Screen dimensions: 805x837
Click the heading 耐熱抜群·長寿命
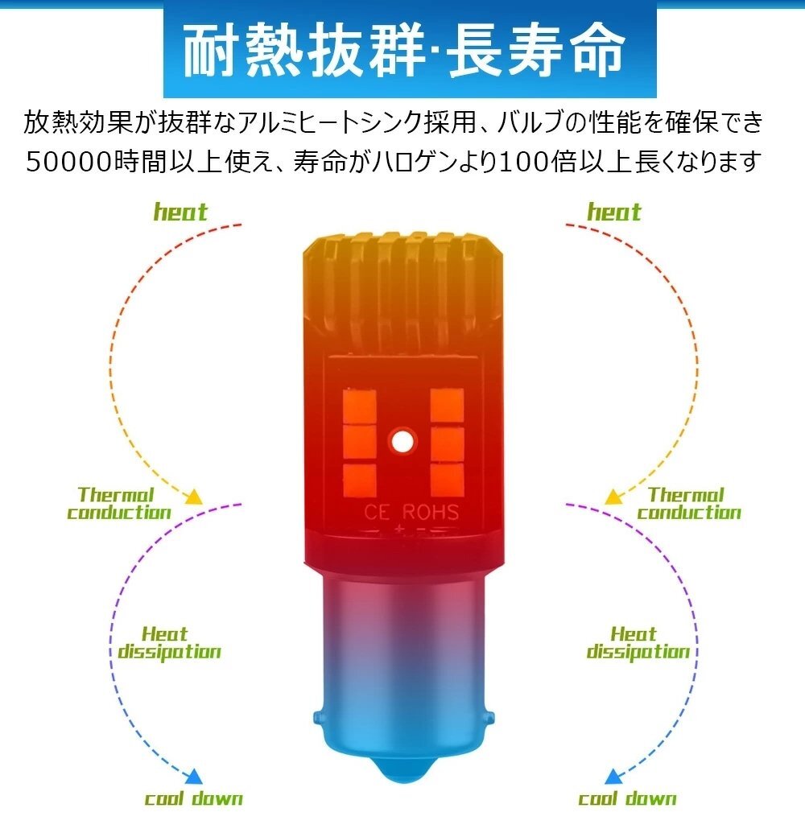(404, 50)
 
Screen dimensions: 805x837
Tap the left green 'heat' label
(180, 212)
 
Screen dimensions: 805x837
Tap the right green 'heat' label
(614, 212)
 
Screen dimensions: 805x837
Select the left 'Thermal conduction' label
(118, 503)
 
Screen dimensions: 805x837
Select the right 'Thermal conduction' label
(688, 503)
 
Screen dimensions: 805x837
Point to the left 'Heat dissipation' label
(169, 643)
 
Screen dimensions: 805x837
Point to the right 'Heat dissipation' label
(638, 643)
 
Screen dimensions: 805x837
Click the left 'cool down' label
(193, 798)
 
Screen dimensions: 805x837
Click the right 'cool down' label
(627, 798)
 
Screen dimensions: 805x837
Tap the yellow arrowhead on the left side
(194, 497)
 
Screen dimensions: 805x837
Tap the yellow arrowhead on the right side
(613, 497)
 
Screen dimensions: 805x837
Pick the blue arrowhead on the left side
(194, 777)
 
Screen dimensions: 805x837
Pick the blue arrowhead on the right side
(613, 777)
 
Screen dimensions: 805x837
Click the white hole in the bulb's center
(401, 442)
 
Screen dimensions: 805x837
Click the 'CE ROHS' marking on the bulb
(411, 513)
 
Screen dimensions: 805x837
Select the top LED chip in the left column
(359, 405)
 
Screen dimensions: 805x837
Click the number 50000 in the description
(69, 162)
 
